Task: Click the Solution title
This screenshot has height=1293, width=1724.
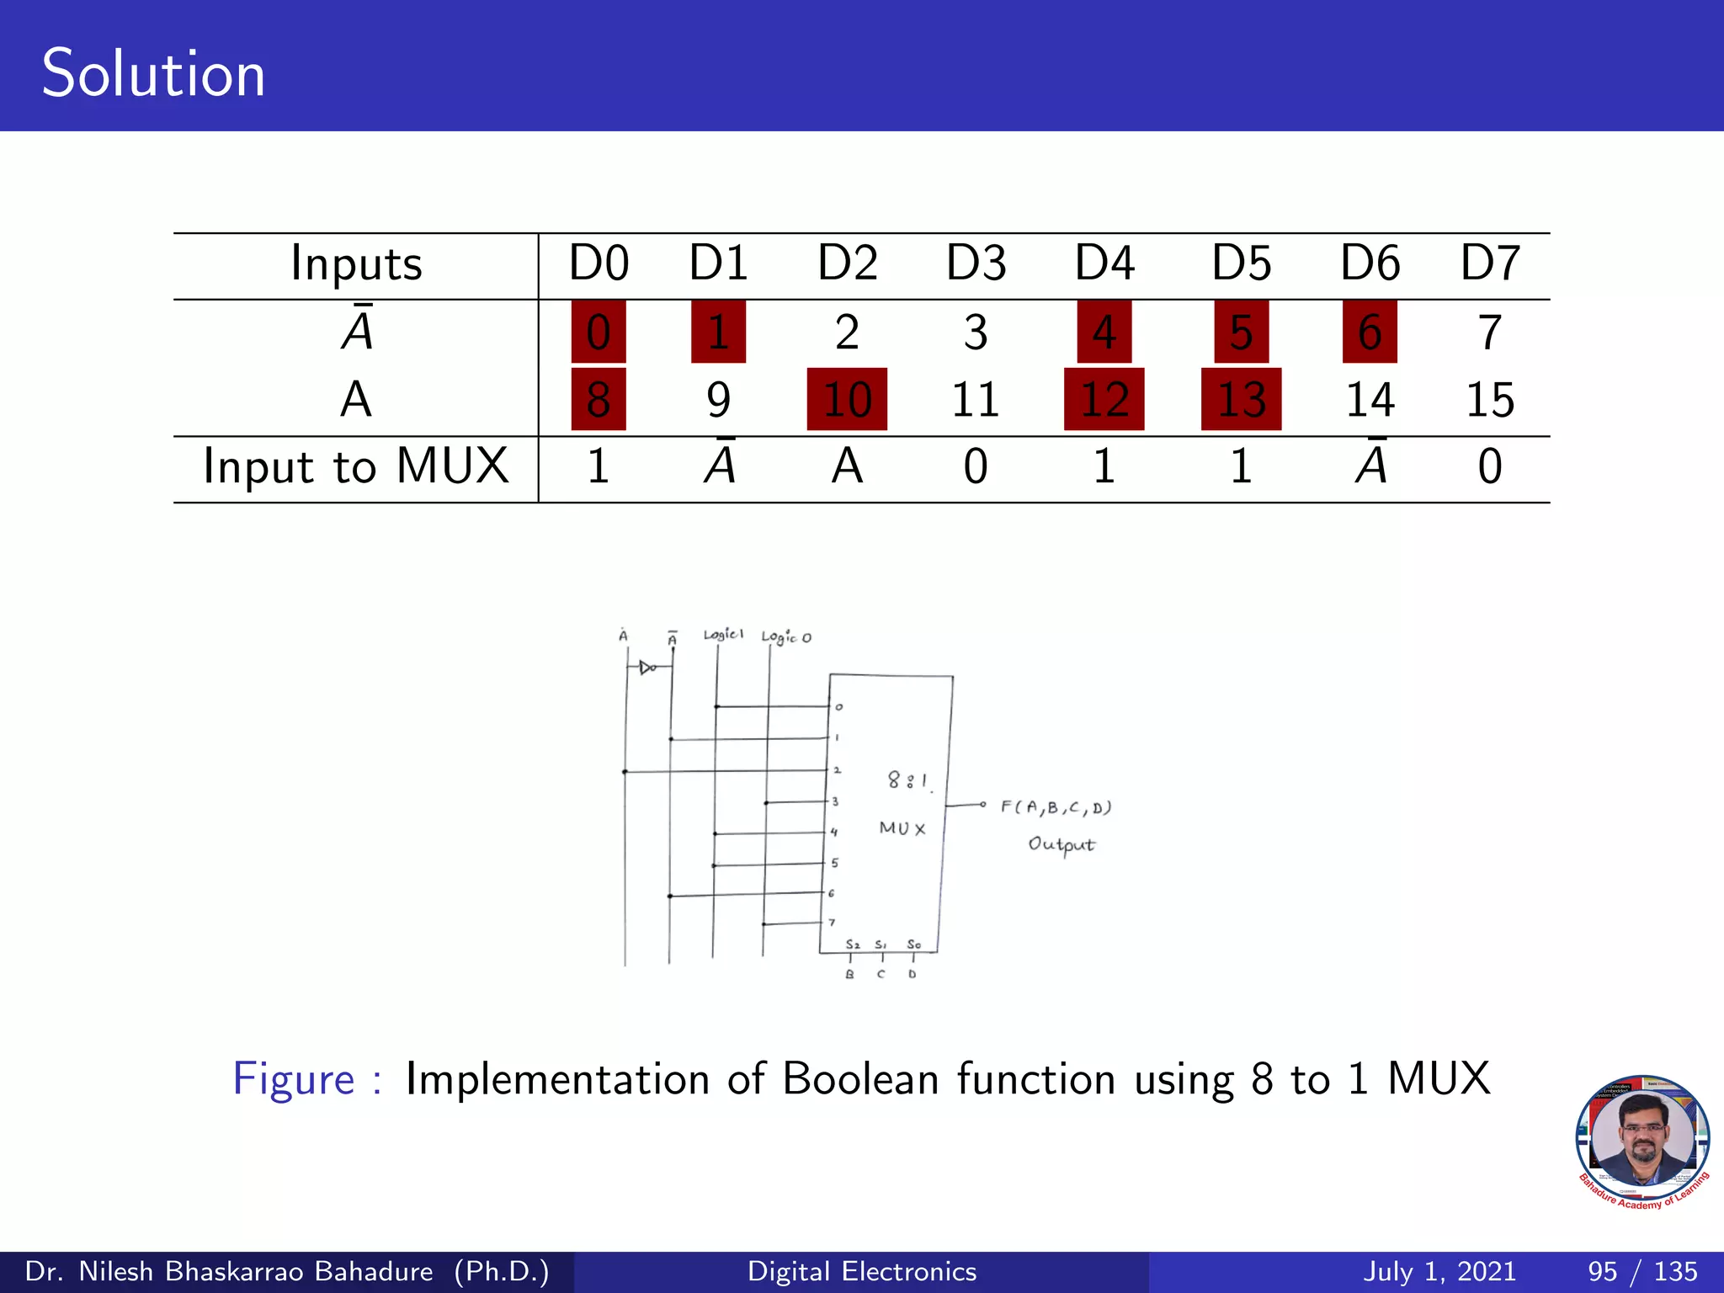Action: (x=153, y=74)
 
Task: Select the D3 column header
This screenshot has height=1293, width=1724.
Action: (x=976, y=263)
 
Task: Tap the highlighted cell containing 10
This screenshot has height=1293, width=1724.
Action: (x=847, y=399)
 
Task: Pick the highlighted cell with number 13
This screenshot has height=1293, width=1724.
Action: (x=1241, y=399)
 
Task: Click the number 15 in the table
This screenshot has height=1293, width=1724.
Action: (x=1489, y=399)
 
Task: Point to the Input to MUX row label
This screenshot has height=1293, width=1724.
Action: (x=355, y=466)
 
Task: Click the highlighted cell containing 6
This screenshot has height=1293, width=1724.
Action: (x=1370, y=332)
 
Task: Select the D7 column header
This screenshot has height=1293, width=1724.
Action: (x=1489, y=263)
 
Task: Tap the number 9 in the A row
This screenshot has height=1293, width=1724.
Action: (x=718, y=399)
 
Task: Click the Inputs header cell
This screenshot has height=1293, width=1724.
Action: (x=355, y=263)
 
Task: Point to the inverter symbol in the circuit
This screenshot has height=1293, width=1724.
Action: (x=647, y=668)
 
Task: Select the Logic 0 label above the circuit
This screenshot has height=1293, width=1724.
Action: (x=786, y=637)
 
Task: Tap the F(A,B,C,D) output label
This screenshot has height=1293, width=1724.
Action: (x=1056, y=808)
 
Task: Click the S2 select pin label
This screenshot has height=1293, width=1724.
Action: (x=853, y=944)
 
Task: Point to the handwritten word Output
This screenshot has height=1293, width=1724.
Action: (x=1061, y=844)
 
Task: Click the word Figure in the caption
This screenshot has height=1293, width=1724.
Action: (x=294, y=1079)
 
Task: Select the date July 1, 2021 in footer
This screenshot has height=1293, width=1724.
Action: (x=1439, y=1271)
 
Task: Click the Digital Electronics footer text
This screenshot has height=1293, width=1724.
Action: (x=862, y=1271)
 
